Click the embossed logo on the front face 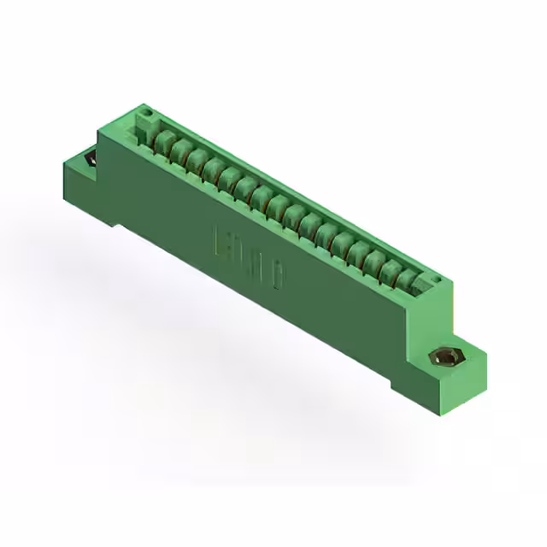(250, 256)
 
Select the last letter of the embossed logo (279, 273)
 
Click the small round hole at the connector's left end (146, 112)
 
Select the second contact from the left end (179, 150)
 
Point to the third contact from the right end (376, 262)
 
